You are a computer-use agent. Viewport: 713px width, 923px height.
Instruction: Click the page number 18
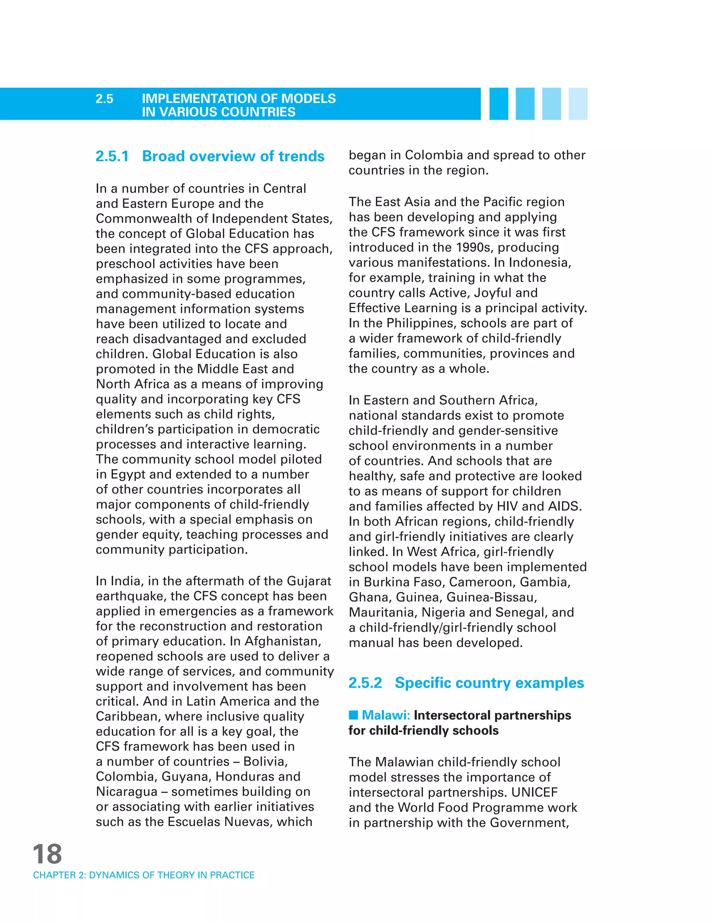pyautogui.click(x=47, y=854)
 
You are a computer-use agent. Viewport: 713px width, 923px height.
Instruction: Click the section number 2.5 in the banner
pyautogui.click(x=104, y=99)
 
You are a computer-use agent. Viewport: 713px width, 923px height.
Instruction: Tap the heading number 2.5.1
pyautogui.click(x=112, y=156)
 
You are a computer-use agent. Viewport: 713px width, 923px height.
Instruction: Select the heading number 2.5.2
pyautogui.click(x=365, y=683)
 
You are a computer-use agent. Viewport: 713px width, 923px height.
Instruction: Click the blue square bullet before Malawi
pyautogui.click(x=353, y=715)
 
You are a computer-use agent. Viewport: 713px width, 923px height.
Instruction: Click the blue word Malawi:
pyautogui.click(x=386, y=715)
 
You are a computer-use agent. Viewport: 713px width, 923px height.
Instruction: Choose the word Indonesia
pyautogui.click(x=539, y=263)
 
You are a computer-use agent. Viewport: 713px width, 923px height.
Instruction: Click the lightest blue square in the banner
pyautogui.click(x=578, y=104)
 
